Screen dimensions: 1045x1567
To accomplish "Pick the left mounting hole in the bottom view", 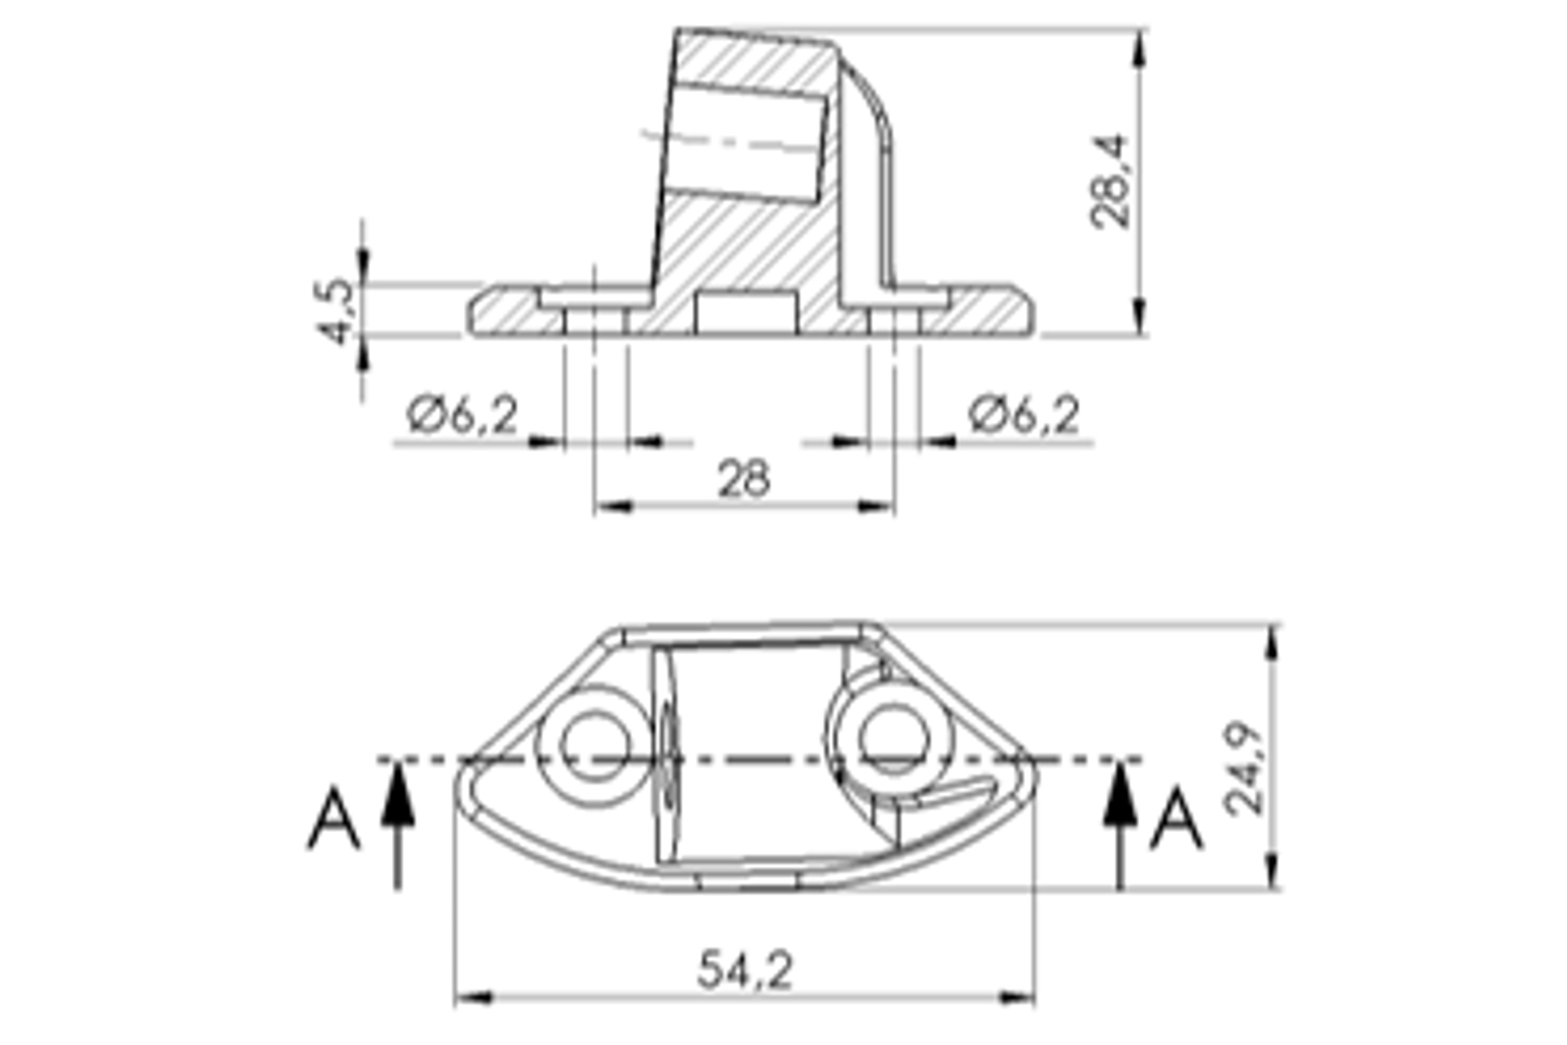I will point(595,746).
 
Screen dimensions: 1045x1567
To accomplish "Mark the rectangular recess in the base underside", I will point(746,312).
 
